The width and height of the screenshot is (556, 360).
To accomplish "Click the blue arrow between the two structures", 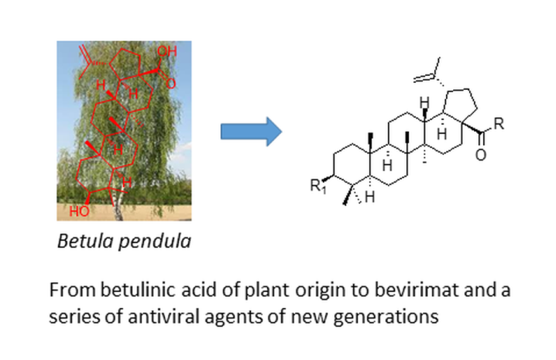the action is click(x=250, y=132).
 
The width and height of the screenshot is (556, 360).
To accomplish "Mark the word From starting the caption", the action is click(x=68, y=291).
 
